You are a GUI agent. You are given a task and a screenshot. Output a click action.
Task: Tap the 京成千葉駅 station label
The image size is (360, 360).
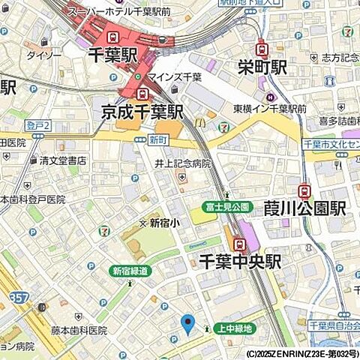coord(142,112)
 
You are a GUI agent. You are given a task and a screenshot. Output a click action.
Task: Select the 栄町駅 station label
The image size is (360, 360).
coord(260,67)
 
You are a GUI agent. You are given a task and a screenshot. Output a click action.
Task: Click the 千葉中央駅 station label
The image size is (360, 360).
coord(239,262)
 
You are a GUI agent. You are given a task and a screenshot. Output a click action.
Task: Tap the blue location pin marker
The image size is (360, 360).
coord(188,324)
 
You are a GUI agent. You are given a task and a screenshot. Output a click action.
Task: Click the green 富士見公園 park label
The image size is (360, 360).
coord(226,207)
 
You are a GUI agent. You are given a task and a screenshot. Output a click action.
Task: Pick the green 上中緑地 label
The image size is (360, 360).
coord(234,328)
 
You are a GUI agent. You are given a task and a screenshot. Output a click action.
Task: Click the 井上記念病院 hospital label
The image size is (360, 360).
coord(183,163)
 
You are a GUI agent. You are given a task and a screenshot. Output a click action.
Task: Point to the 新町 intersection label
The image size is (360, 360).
coord(157,139)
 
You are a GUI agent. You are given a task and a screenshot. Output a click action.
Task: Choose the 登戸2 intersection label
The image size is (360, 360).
coord(37,125)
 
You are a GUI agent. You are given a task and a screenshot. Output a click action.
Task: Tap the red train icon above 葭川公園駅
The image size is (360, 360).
coord(304,191)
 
